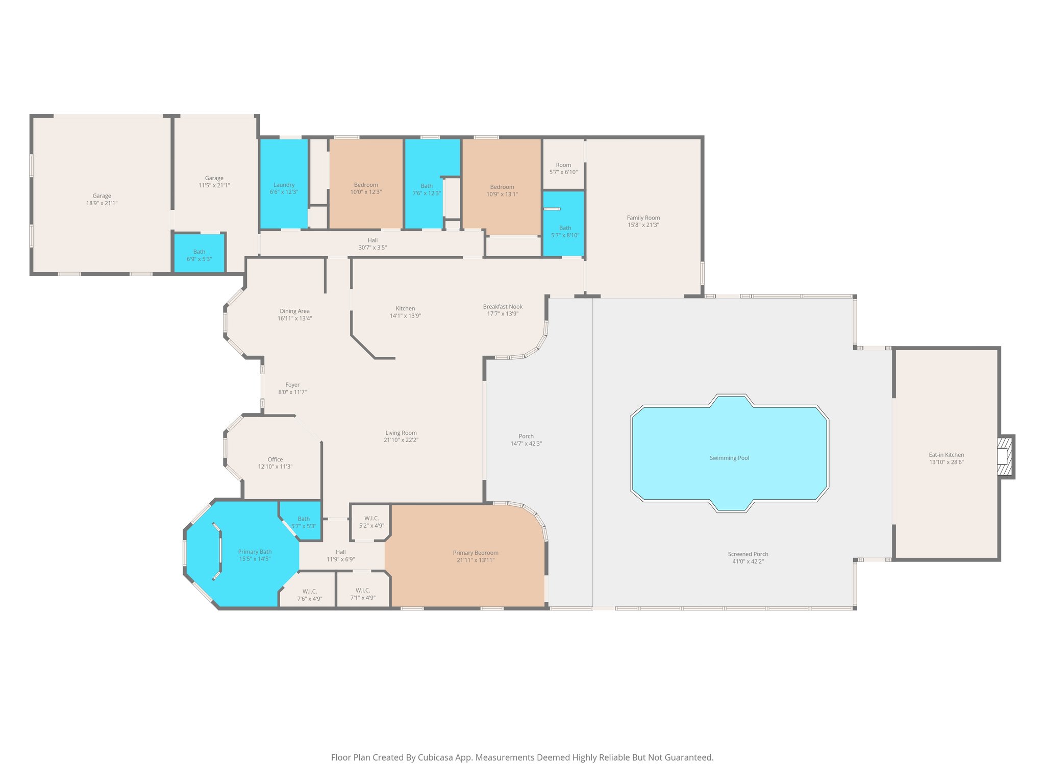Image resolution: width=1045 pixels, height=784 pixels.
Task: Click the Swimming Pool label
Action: coord(729,458)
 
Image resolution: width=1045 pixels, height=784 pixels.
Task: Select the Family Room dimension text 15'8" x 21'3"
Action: coord(643,225)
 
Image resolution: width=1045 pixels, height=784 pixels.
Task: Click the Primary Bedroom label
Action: coord(475,553)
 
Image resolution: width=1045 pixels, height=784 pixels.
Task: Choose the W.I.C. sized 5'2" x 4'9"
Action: coord(371,522)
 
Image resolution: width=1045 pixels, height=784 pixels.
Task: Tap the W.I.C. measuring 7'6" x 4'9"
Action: coord(309,595)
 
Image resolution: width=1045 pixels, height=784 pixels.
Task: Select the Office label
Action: coord(275,459)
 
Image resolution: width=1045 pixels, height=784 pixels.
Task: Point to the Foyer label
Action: coord(292,385)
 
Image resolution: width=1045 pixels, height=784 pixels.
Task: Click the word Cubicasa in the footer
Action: coord(436,757)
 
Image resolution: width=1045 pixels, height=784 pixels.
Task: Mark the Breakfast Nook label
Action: coord(503,307)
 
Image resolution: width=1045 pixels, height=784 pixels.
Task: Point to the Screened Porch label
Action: coord(748,554)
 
